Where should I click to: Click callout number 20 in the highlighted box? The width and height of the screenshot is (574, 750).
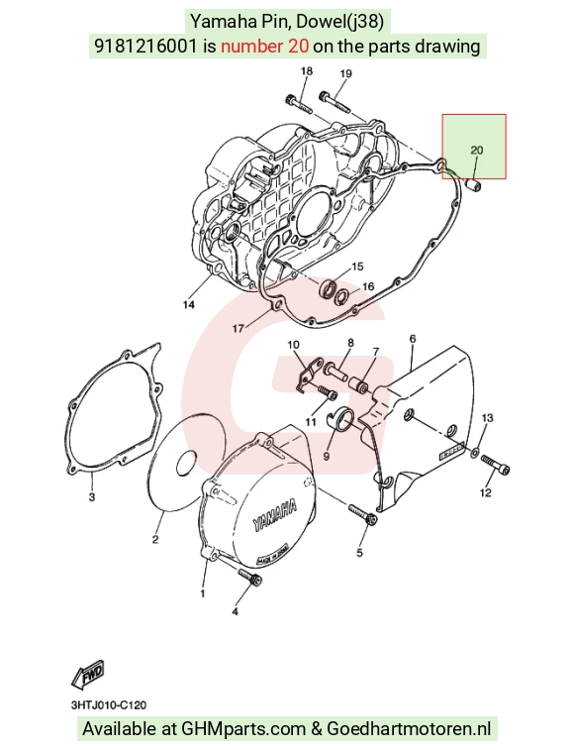click(476, 151)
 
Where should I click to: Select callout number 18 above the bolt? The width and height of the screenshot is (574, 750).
click(307, 71)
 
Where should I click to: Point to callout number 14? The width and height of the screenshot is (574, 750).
click(189, 304)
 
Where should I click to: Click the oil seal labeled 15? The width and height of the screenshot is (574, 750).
click(328, 289)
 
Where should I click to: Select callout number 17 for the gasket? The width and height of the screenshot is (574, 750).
click(238, 328)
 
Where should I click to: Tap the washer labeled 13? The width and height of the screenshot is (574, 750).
click(476, 451)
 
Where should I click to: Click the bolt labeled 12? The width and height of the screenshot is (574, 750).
click(495, 465)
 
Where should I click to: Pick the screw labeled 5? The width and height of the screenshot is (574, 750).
click(361, 514)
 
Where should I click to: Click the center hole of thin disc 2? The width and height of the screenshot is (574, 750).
click(186, 463)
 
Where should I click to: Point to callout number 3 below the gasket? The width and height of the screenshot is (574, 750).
click(92, 497)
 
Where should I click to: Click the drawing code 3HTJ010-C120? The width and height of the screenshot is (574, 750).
click(109, 705)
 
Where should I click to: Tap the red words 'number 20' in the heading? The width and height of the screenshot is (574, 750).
click(264, 46)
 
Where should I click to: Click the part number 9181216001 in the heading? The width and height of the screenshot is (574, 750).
click(145, 46)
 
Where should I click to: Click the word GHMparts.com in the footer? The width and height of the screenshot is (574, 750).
click(243, 729)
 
